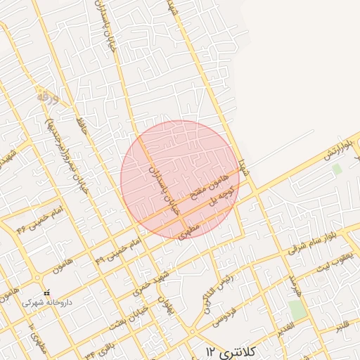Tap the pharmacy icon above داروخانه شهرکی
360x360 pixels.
46,292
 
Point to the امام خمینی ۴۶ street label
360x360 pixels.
40,218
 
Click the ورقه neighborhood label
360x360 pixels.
46,95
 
